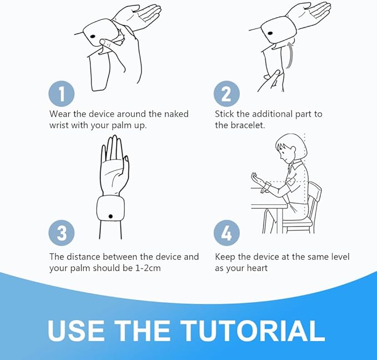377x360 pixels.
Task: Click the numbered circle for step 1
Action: point(62,93)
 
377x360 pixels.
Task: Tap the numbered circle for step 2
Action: point(227,93)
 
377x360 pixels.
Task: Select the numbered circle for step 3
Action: point(62,233)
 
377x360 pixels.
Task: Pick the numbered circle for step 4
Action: point(227,233)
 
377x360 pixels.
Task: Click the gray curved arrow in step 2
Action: point(290,55)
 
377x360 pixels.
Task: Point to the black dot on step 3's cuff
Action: point(110,216)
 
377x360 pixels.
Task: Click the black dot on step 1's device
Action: point(93,37)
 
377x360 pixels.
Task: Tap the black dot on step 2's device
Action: point(270,33)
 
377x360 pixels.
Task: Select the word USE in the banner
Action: point(76,330)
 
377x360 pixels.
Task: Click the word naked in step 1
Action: point(176,114)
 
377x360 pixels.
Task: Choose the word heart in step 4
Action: point(257,268)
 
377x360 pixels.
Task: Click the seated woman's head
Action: point(290,149)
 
